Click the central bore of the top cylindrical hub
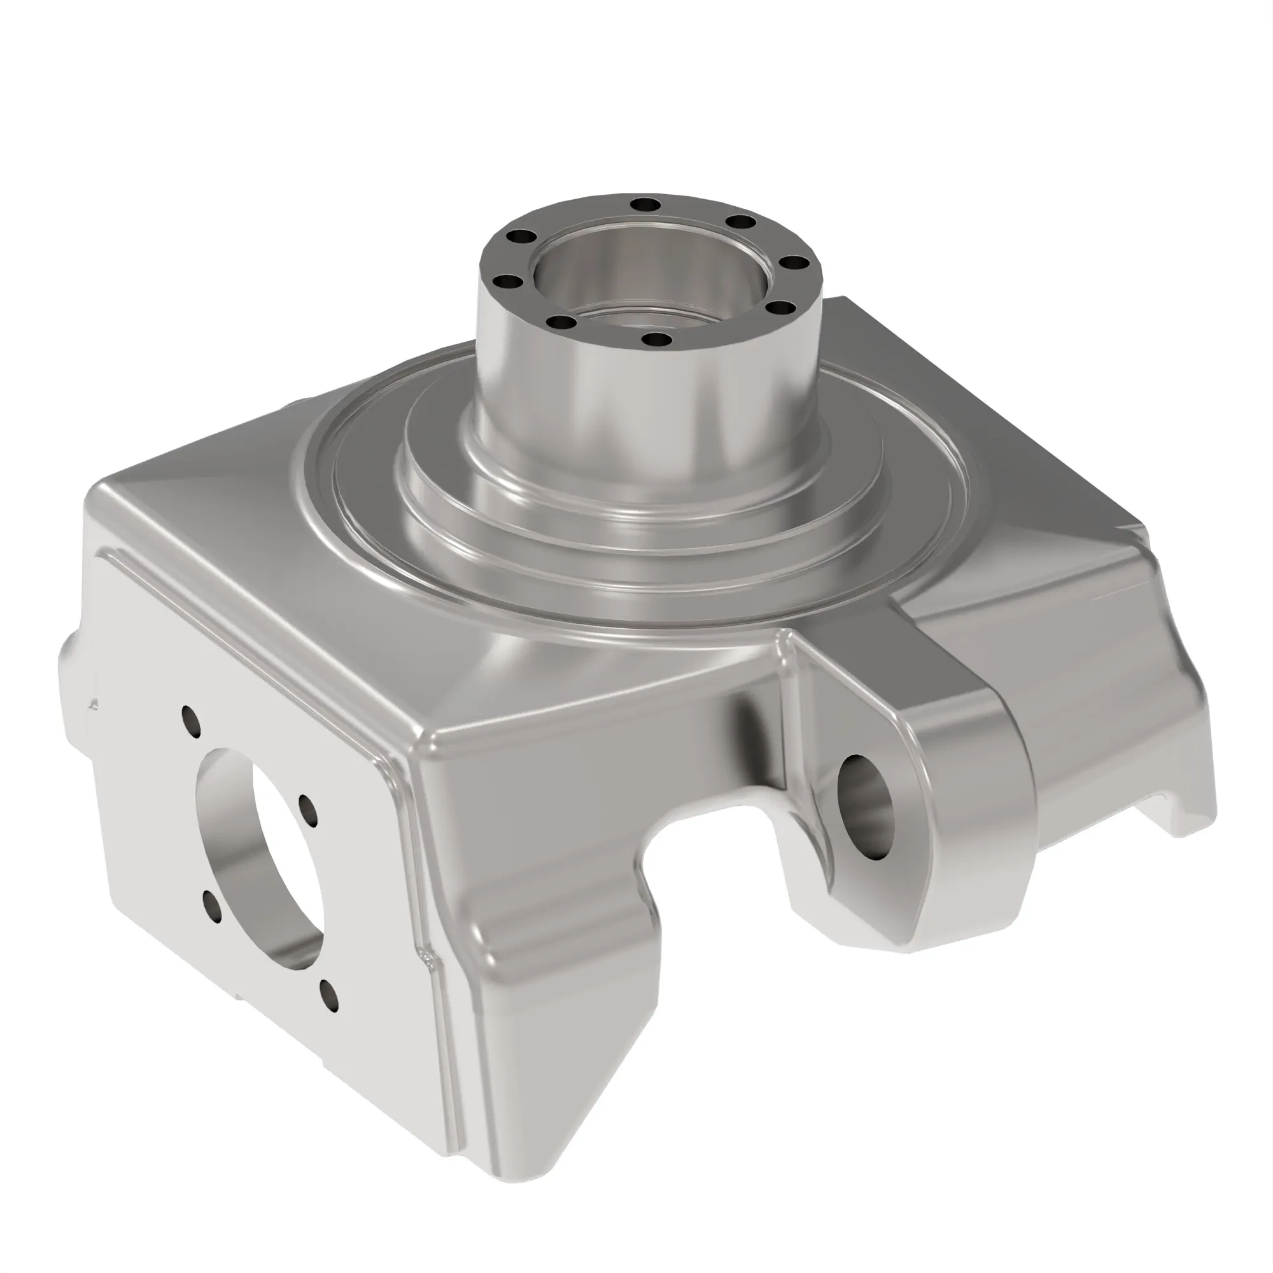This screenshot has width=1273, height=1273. coord(649,277)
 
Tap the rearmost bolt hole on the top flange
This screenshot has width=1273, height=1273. coord(644,204)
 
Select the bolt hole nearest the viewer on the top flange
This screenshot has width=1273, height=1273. coord(656,341)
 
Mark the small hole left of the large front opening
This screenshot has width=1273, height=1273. coord(212,905)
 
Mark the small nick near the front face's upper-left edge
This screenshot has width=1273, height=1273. coord(94,705)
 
